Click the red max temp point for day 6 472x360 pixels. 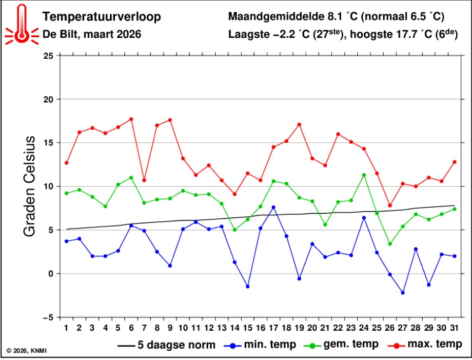point(131,119)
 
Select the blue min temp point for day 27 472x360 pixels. point(403,293)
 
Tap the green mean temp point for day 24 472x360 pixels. point(364,175)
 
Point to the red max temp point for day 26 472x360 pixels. point(390,206)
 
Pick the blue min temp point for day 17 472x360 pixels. point(274,207)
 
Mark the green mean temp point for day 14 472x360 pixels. point(235,230)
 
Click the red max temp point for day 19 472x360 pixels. point(299,124)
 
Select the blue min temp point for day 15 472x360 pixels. point(248,286)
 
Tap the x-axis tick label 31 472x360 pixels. point(454,327)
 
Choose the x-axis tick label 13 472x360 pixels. point(222,327)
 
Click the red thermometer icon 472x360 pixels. point(20,24)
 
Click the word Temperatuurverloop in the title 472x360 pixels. point(101,17)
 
